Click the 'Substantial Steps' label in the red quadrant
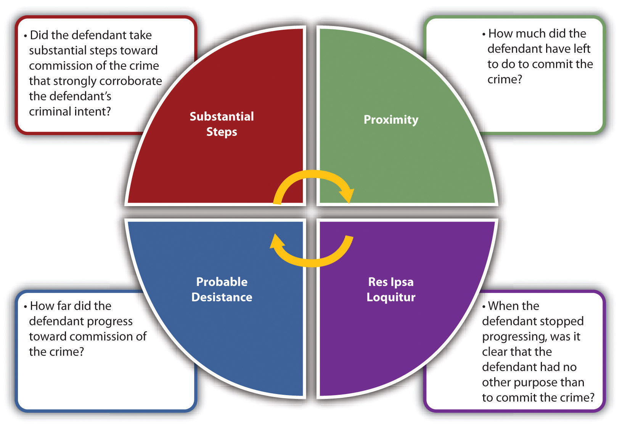click(x=222, y=124)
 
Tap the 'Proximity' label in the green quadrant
click(x=391, y=120)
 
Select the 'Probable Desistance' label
click(x=222, y=289)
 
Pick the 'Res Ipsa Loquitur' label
click(x=391, y=289)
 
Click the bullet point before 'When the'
click(x=484, y=307)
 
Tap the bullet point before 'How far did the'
click(x=26, y=307)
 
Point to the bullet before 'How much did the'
click(x=484, y=34)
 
